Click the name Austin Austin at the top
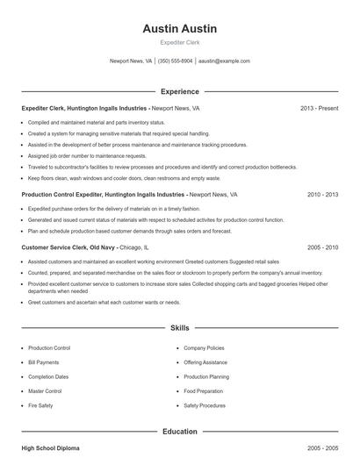click(179, 29)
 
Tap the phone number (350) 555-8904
click(175, 61)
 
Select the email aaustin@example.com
click(224, 61)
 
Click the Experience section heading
click(179, 91)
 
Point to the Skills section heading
click(179, 327)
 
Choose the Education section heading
click(179, 431)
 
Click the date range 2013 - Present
click(319, 108)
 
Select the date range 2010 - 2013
click(322, 194)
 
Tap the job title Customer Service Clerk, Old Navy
click(66, 247)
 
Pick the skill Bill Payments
click(44, 361)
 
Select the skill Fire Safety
click(41, 405)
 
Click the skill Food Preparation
click(203, 391)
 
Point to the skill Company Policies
click(203, 347)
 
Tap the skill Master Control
click(45, 391)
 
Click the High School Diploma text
click(50, 448)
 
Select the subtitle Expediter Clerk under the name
click(179, 42)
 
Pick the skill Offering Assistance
click(205, 361)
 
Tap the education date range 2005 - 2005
click(322, 448)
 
